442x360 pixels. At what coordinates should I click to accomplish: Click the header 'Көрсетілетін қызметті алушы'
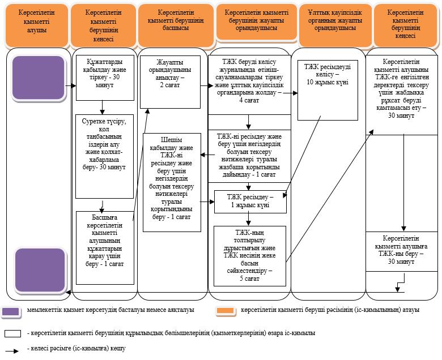37,25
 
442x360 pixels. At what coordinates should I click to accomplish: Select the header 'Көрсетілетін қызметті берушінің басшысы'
176,25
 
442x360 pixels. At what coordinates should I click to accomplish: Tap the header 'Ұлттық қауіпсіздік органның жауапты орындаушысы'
335,25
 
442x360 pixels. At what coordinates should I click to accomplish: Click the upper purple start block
39,78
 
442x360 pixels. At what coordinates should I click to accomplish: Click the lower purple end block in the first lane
40,270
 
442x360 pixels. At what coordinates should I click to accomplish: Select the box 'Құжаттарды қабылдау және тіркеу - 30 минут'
105,78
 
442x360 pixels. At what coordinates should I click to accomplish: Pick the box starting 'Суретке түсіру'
105,156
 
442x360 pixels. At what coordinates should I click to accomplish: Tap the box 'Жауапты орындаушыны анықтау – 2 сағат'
170,82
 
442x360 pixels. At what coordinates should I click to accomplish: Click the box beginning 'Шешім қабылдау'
172,182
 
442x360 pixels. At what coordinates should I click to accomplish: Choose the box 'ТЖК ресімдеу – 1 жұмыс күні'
250,202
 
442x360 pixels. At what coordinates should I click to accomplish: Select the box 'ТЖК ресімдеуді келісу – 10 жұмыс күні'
328,90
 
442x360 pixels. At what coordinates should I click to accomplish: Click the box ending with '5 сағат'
250,256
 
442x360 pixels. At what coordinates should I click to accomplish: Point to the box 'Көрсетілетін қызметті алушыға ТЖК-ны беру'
401,251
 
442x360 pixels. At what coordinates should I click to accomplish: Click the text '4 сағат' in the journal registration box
249,100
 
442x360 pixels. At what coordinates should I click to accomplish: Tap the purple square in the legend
11,312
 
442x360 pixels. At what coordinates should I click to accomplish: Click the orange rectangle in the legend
225,310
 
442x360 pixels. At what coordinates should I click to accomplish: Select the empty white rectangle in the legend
12,333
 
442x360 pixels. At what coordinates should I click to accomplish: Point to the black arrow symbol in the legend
12,351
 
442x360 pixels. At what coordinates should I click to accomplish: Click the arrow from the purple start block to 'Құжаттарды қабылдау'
71,85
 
